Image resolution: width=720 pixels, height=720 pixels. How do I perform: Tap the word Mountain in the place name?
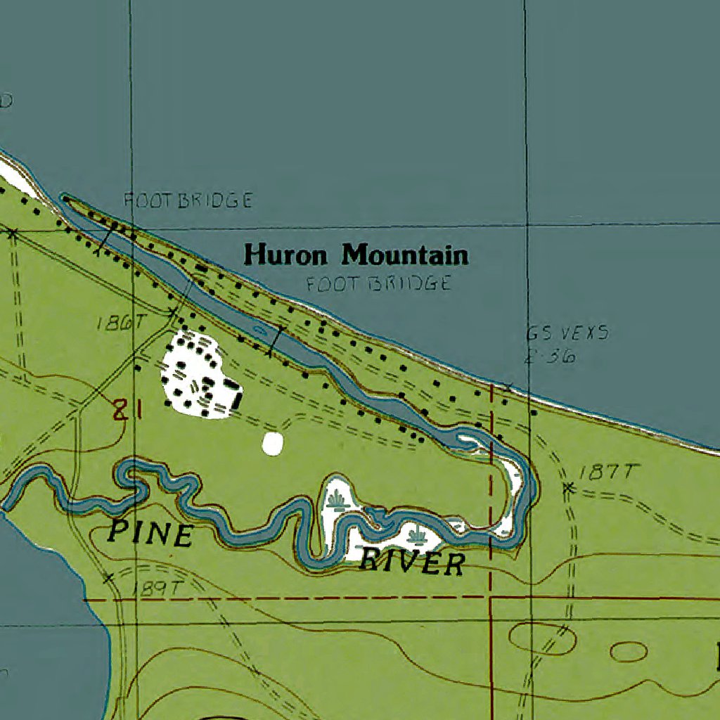[405, 255]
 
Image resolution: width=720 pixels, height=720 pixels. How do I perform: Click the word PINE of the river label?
[150, 534]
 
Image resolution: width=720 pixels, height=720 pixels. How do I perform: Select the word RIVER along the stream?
[413, 563]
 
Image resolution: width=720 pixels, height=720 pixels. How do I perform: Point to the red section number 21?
[127, 410]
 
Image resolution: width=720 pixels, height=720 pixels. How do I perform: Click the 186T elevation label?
[121, 323]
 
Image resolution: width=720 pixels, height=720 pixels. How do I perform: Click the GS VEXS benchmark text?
[567, 333]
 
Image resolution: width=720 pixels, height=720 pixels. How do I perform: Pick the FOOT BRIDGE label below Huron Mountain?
[378, 284]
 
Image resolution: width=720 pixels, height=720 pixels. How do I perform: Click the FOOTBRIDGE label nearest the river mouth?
[188, 201]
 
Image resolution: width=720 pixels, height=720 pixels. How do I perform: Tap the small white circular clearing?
[272, 443]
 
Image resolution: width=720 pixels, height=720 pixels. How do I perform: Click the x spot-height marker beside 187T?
[569, 487]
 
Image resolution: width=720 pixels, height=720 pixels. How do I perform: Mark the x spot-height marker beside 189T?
[108, 578]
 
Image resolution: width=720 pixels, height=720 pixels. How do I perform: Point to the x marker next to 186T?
[172, 310]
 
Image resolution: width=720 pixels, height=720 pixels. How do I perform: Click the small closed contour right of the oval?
[628, 652]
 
